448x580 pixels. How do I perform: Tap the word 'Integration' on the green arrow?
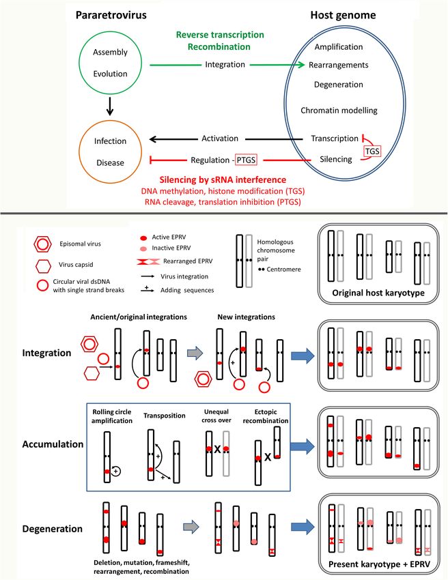coord(225,65)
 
